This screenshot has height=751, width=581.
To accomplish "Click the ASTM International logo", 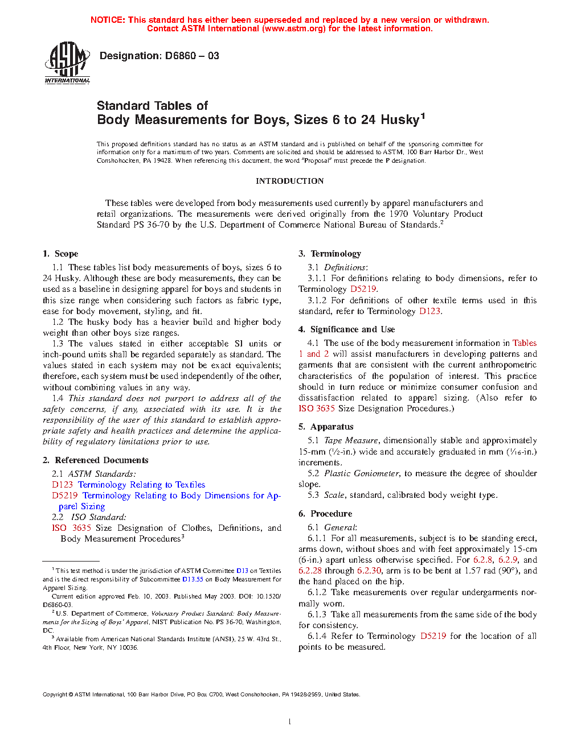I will pyautogui.click(x=67, y=63).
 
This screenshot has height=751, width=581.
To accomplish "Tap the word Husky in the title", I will pyautogui.click(x=400, y=119).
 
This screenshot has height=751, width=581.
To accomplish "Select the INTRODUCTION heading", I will pyautogui.click(x=289, y=181).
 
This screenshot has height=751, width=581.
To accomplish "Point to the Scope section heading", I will pyautogui.click(x=66, y=254).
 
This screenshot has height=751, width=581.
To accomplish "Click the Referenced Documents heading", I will pyautogui.click(x=101, y=460).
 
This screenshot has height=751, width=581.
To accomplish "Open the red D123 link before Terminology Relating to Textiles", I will pyautogui.click(x=62, y=485).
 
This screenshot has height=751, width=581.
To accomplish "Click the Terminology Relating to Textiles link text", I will pyautogui.click(x=141, y=485).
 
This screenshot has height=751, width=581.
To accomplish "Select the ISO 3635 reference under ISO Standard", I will pyautogui.click(x=71, y=528).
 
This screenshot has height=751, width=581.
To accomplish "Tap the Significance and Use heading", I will pyautogui.click(x=352, y=329).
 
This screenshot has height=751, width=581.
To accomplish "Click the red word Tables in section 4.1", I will pyautogui.click(x=524, y=343).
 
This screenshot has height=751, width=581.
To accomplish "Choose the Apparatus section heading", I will pyautogui.click(x=332, y=427).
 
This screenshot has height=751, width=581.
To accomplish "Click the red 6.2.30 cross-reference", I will pyautogui.click(x=369, y=571).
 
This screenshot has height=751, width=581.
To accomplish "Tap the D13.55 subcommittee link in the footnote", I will pyautogui.click(x=193, y=579).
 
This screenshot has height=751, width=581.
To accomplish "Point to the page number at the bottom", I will pyautogui.click(x=290, y=722).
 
